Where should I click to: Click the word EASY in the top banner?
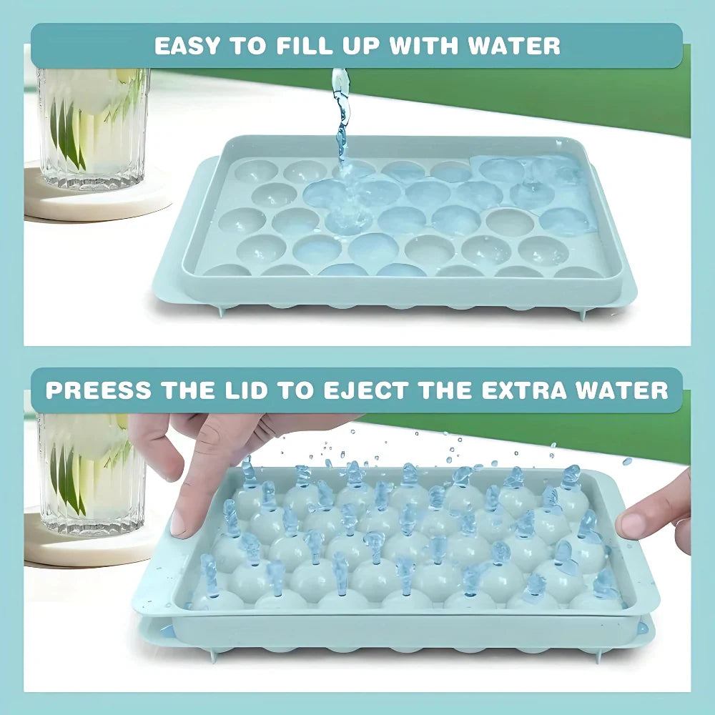(x=188, y=46)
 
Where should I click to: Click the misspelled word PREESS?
(x=99, y=390)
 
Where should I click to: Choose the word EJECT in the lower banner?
(x=366, y=390)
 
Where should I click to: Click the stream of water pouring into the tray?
(x=340, y=119)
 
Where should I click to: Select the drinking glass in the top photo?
(x=93, y=128)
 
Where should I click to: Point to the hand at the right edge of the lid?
(x=656, y=516)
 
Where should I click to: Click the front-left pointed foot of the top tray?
(x=222, y=312)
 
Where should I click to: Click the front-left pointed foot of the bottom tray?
(x=212, y=656)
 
